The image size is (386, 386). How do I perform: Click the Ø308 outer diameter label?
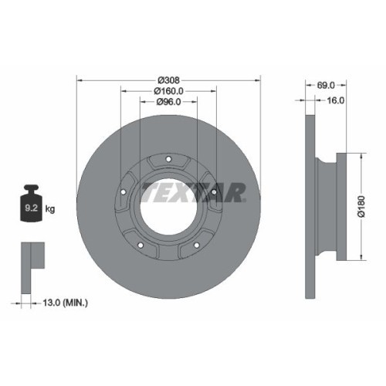pyautogui.click(x=168, y=80)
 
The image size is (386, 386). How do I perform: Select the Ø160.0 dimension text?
pyautogui.click(x=168, y=90)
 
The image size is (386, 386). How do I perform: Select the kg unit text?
pyautogui.click(x=50, y=208)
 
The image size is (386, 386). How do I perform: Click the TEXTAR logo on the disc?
pyautogui.click(x=192, y=191)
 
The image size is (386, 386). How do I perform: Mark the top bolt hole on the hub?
pyautogui.click(x=168, y=160)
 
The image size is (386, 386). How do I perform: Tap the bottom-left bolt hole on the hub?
pyautogui.click(x=140, y=247)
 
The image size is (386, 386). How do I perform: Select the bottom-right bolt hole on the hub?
pyautogui.click(x=197, y=247)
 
